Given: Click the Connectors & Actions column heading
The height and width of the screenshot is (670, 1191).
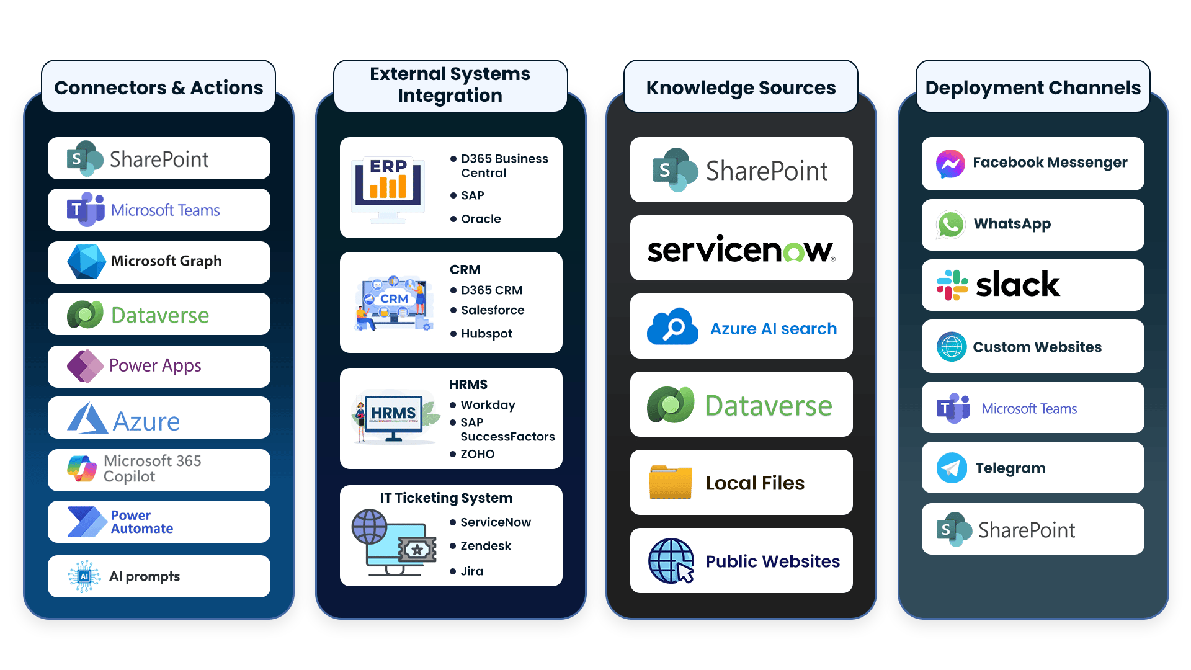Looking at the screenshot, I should [x=158, y=87].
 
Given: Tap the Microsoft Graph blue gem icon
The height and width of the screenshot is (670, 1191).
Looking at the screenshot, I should [x=86, y=261].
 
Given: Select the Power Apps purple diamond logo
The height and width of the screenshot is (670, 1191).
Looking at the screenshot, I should [x=85, y=366].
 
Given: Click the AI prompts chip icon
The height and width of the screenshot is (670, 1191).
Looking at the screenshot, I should [x=84, y=576].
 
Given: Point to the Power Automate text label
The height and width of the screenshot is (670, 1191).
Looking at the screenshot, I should [x=142, y=522].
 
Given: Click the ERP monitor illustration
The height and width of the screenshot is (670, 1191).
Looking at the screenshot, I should [x=388, y=187].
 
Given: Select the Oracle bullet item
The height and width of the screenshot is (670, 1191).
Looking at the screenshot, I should [x=481, y=219].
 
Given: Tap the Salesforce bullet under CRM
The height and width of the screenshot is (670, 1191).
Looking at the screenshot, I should [x=493, y=310].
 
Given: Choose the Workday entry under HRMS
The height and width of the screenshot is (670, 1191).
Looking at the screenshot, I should [x=488, y=405].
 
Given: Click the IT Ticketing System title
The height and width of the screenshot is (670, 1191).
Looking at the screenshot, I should [x=446, y=498].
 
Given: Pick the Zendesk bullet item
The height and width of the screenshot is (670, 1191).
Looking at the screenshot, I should [x=486, y=546].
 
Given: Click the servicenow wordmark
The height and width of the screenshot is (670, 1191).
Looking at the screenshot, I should [x=741, y=249].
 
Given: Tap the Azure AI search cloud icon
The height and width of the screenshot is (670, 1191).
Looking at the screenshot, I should [x=672, y=327].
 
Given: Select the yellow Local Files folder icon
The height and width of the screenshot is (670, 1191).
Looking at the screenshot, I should [x=670, y=482].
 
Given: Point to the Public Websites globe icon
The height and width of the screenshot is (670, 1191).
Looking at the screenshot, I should [x=671, y=561].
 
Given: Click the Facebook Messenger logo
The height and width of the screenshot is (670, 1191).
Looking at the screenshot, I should [x=950, y=164].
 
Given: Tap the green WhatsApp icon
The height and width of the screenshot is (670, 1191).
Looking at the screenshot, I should [x=950, y=225].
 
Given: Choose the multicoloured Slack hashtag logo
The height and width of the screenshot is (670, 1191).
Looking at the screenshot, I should [x=952, y=285].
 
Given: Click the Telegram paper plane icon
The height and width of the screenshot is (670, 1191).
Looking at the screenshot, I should [x=952, y=468].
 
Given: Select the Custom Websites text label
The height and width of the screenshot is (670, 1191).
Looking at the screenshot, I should [x=1037, y=347].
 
